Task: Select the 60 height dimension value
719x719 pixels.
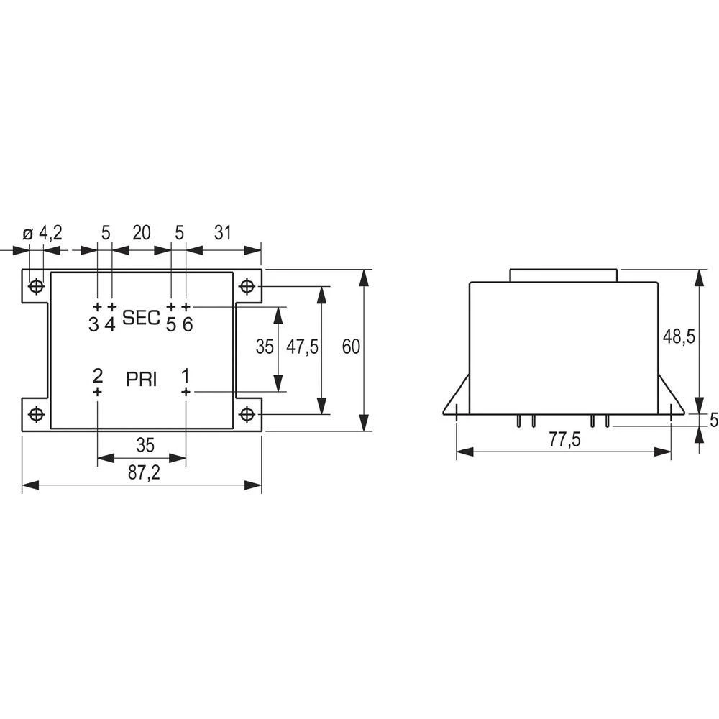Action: coord(350,347)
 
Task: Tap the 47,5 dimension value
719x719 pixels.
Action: coord(302,347)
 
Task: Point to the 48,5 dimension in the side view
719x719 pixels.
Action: coord(678,336)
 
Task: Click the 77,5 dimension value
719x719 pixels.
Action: coord(564,441)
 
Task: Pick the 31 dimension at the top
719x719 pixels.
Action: coord(223,232)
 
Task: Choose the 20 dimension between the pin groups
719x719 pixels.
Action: coord(141,232)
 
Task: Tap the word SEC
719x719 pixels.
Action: coord(141,318)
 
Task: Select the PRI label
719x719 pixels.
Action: coord(142,380)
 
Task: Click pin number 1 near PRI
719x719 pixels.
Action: coord(186,375)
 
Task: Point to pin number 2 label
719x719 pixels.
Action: coord(98,375)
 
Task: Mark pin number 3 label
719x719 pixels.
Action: coord(93,324)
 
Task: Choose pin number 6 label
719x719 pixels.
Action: coord(187,324)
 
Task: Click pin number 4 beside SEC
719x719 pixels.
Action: coord(110,324)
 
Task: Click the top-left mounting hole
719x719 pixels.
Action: coord(36,287)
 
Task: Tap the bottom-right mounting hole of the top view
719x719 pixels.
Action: coord(247,414)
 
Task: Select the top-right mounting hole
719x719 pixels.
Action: coord(247,287)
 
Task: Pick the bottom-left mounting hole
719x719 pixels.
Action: coord(36,414)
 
